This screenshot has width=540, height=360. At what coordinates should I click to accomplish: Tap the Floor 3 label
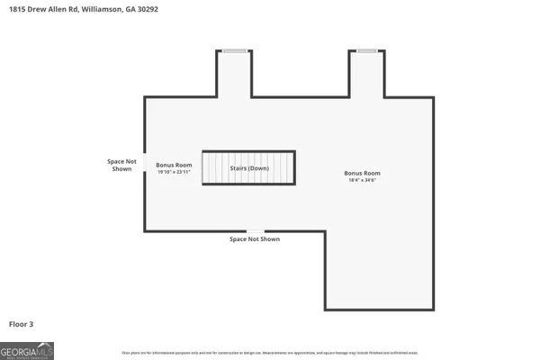pyautogui.click(x=22, y=323)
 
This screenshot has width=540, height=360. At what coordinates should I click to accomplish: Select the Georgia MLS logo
pyautogui.click(x=27, y=350)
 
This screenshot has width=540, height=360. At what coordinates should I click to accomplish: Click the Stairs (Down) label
pyautogui.click(x=248, y=168)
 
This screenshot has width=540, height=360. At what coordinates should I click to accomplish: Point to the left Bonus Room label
pyautogui.click(x=174, y=165)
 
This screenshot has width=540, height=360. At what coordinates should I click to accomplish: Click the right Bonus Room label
pyautogui.click(x=362, y=173)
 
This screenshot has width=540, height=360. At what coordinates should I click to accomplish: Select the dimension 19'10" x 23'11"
pyautogui.click(x=174, y=172)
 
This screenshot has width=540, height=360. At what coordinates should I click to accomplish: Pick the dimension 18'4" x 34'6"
pyautogui.click(x=362, y=180)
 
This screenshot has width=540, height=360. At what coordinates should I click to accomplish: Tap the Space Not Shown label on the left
pyautogui.click(x=121, y=165)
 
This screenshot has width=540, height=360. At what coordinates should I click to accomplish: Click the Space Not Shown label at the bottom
pyautogui.click(x=255, y=239)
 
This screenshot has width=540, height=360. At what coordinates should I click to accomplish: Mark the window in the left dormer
pyautogui.click(x=235, y=50)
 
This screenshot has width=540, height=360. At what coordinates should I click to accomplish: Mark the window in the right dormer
pyautogui.click(x=367, y=50)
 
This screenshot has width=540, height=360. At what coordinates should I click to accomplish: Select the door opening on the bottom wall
pyautogui.click(x=256, y=231)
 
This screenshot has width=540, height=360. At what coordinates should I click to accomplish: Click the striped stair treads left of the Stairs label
pyautogui.click(x=214, y=168)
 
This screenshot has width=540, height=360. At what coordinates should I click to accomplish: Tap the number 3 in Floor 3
pyautogui.click(x=31, y=323)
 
